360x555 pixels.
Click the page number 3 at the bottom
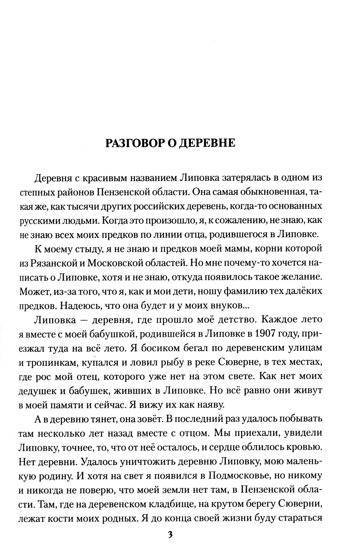[171, 534]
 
